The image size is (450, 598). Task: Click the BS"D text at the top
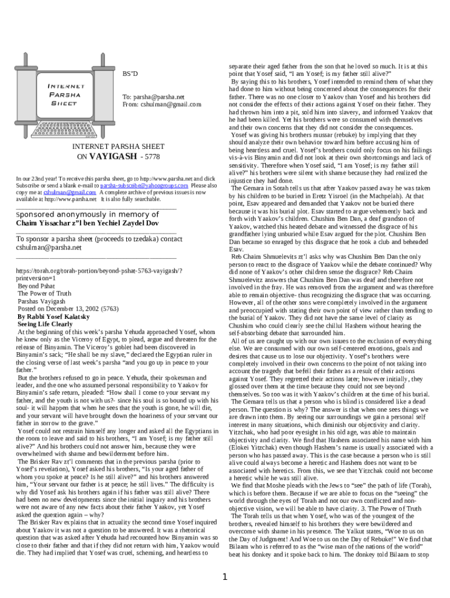[x=130, y=74]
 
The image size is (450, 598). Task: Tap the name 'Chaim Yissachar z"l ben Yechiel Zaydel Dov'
[x=86, y=223]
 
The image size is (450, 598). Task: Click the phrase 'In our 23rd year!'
[x=36, y=178]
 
